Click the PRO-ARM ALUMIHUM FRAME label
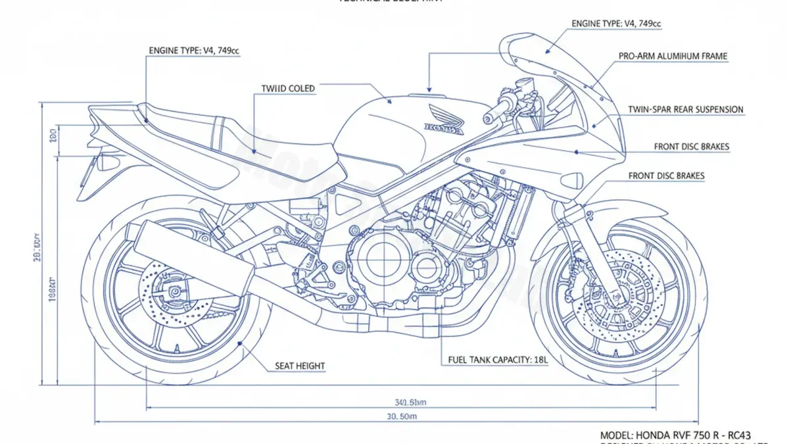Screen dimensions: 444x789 673,57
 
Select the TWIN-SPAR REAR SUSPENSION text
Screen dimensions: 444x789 685,109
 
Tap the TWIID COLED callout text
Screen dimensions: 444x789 288,88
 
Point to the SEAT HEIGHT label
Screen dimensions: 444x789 299,366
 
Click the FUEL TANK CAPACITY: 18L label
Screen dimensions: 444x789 498,360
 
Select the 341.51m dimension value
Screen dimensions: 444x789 411,402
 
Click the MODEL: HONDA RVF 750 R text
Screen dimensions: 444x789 676,435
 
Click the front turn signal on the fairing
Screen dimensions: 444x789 571,179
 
